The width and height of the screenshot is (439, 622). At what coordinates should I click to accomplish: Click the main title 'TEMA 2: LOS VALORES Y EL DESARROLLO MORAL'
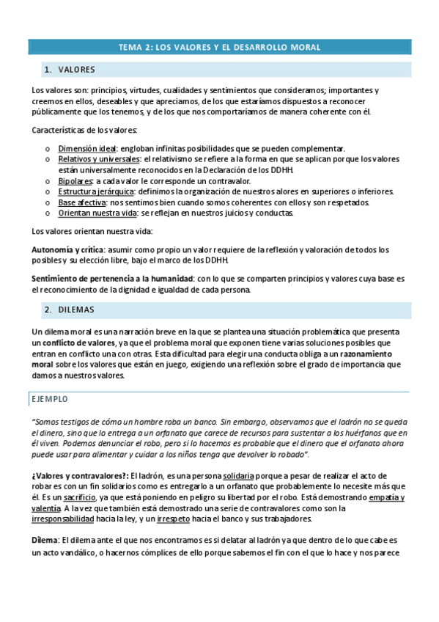pos(219,47)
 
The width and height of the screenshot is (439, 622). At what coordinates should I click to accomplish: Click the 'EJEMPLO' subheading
pos(49,399)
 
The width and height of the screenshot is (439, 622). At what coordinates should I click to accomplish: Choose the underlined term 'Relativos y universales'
pos(99,159)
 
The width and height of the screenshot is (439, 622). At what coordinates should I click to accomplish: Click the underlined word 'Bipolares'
pos(75,181)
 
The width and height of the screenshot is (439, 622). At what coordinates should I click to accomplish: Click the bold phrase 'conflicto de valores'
pos(78,343)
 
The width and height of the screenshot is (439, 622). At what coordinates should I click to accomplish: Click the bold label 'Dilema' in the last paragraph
pos(46,541)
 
